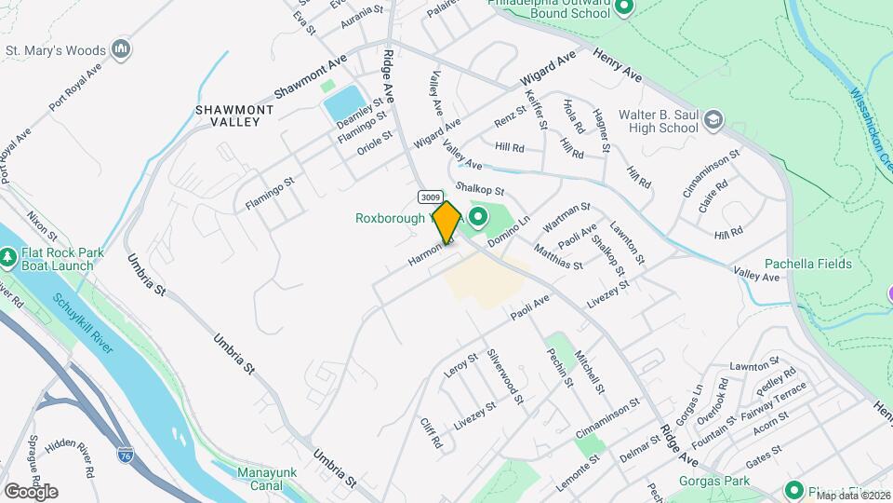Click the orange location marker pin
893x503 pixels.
point(446,222)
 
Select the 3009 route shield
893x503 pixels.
point(429,197)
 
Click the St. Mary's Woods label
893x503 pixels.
point(56,49)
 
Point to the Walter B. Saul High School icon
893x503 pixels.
point(713,119)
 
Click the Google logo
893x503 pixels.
point(31,491)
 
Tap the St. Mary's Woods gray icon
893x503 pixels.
point(120,48)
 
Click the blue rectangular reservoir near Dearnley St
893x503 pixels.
point(343,102)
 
